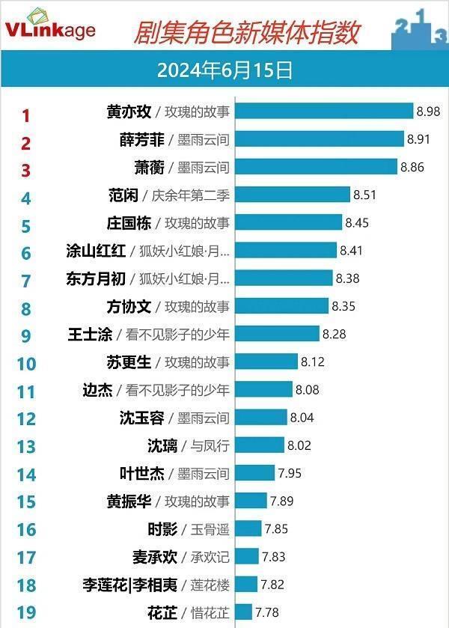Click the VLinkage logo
click(x=50, y=28)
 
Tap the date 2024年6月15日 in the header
click(x=224, y=70)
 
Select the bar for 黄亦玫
click(x=324, y=112)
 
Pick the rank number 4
click(x=26, y=198)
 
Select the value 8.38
click(x=347, y=278)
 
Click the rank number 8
click(x=26, y=309)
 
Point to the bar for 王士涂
click(x=276, y=334)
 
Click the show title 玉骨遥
click(x=209, y=529)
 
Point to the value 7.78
click(x=267, y=612)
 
